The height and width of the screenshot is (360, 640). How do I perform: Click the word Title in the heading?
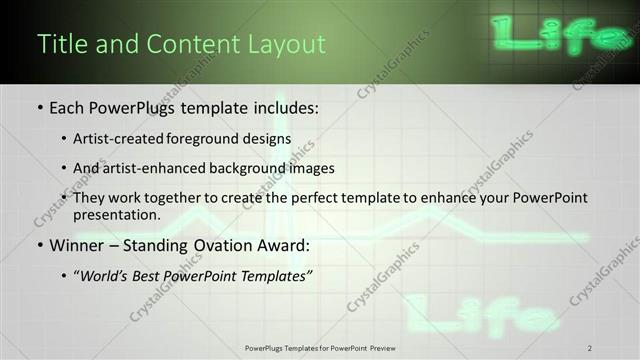59,45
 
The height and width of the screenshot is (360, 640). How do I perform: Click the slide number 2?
591,347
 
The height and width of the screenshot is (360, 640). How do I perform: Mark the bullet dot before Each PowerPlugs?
39,107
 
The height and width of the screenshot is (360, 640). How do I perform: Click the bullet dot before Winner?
39,245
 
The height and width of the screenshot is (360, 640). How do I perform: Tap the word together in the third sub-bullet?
171,198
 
